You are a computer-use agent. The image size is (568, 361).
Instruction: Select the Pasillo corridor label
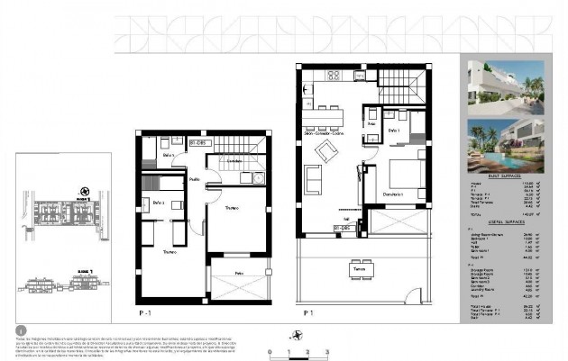point(195,180)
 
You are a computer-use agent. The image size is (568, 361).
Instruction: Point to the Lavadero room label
point(234,161)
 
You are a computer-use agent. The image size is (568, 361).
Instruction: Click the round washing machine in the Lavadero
point(256,177)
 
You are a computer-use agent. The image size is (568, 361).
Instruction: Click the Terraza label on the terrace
point(359,268)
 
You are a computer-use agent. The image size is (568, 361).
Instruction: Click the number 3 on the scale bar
point(327,351)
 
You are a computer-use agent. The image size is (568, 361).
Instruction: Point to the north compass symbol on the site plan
point(85,191)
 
